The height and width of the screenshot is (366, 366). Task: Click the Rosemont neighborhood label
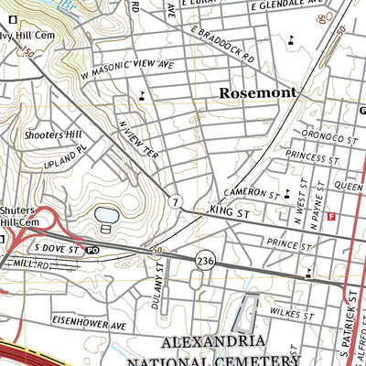tap(258, 93)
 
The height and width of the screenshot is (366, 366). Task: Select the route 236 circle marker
tap(204, 260)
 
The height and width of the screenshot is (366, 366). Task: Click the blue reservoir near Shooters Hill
tap(106, 216)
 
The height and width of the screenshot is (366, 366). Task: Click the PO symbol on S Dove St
tap(92, 249)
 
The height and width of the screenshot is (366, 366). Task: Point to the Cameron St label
tap(250, 194)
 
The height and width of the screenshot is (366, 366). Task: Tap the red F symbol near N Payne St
tap(331, 216)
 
